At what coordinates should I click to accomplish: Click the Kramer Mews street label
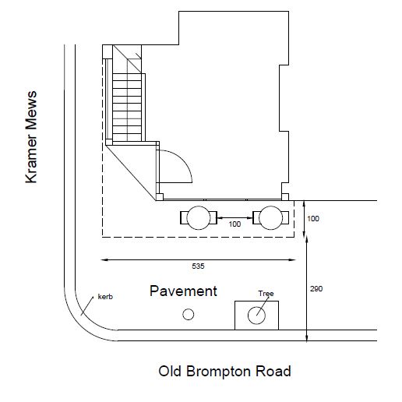click(31, 137)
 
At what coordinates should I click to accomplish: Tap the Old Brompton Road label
click(224, 371)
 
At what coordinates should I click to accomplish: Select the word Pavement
click(183, 291)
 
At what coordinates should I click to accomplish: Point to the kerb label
click(105, 297)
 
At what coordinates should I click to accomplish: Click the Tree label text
click(266, 294)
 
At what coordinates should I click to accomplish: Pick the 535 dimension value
click(198, 266)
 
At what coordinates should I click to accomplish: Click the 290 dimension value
click(316, 289)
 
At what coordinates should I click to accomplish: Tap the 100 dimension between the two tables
click(235, 224)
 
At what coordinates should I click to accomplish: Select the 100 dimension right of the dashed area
click(313, 219)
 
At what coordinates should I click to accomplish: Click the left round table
click(199, 218)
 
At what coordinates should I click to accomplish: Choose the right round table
click(270, 218)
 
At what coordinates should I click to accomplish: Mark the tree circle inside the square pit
click(256, 316)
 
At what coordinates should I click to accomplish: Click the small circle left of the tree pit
click(189, 315)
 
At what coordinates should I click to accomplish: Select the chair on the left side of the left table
click(184, 218)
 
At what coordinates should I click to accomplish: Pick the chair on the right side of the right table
click(285, 218)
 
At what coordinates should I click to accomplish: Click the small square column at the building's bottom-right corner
click(285, 197)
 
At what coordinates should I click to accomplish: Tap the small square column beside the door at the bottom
click(160, 197)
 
